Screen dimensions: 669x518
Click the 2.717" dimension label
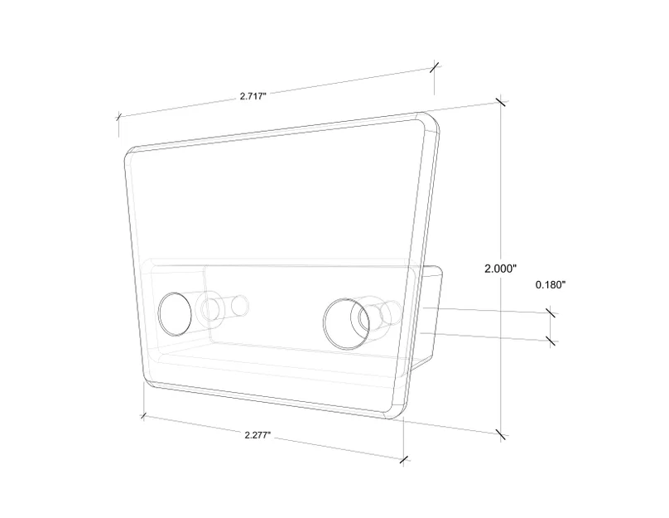[x=253, y=95]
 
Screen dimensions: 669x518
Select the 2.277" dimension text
[x=257, y=435]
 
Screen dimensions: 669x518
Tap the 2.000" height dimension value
[x=500, y=269]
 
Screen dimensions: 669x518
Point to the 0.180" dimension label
[x=551, y=285]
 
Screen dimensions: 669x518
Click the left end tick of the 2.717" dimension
[x=119, y=116]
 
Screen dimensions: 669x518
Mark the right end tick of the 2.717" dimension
[x=435, y=66]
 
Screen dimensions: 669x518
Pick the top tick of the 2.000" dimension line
[x=501, y=103]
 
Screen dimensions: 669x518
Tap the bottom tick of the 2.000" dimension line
[x=501, y=435]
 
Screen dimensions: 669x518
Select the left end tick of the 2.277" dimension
[x=143, y=415]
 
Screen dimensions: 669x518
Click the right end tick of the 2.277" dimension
[x=403, y=460]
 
